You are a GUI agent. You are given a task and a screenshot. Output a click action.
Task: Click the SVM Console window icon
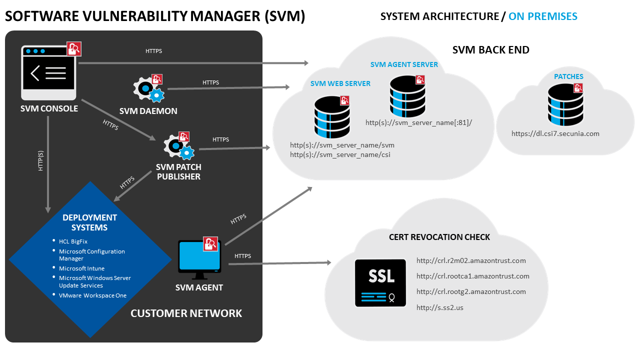click(x=48, y=73)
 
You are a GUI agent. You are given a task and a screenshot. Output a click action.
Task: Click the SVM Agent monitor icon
click(x=199, y=259)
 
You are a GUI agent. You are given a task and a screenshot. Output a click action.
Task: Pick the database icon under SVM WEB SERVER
click(x=331, y=117)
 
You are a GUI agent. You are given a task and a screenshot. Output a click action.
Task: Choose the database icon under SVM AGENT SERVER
click(x=407, y=96)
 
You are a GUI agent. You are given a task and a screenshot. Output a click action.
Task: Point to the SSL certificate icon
click(x=380, y=282)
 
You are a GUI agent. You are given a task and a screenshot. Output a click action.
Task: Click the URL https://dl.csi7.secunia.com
click(x=555, y=133)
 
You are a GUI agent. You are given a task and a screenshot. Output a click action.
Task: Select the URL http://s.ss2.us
click(x=440, y=307)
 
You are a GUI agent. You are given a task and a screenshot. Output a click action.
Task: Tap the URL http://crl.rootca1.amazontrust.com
click(x=472, y=276)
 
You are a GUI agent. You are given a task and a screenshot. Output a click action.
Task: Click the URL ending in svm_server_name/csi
click(x=340, y=155)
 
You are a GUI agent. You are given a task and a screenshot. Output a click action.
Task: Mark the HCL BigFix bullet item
click(x=73, y=241)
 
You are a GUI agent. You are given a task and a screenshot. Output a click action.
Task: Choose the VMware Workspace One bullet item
click(x=92, y=295)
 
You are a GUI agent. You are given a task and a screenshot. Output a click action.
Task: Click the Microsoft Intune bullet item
click(x=81, y=268)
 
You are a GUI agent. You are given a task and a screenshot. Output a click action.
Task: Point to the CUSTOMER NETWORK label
click(x=186, y=313)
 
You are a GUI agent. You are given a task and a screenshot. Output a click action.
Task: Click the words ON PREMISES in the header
click(x=542, y=16)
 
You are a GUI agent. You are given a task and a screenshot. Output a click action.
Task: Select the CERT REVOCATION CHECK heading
click(x=439, y=237)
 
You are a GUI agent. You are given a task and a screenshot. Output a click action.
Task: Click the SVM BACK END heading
click(x=490, y=50)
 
